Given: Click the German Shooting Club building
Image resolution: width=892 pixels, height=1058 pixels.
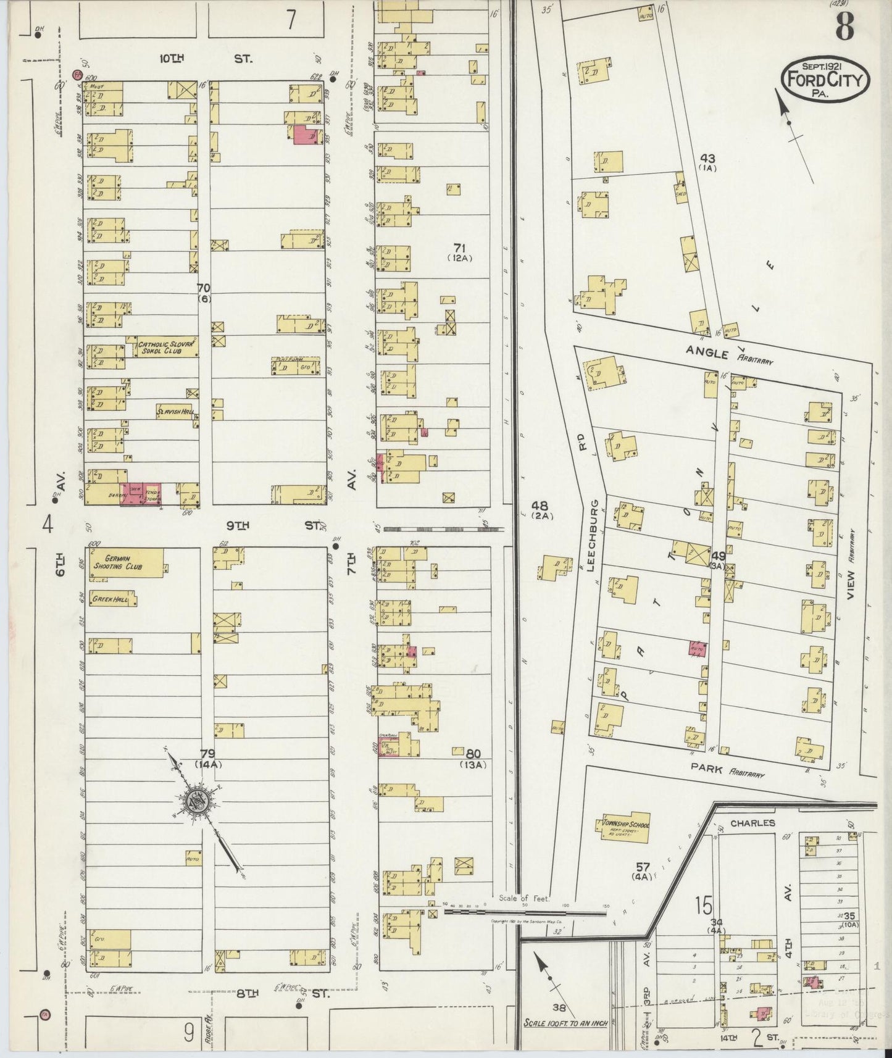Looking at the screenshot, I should [x=126, y=563].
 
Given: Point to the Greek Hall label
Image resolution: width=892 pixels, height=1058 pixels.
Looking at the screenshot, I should [x=109, y=599].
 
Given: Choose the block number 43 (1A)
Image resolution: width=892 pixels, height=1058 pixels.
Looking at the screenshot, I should [x=707, y=162].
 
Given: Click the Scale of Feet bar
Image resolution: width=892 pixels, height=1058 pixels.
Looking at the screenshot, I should [x=525, y=910].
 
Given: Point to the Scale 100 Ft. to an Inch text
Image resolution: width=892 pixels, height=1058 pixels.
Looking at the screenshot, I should [x=565, y=1023].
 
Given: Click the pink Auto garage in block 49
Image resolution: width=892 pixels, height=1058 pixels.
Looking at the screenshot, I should [x=698, y=649].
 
